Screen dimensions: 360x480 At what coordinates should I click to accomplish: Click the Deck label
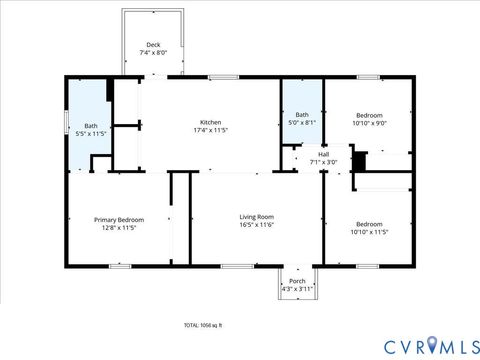tap(153, 44)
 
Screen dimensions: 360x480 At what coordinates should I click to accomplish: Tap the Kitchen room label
tap(210, 122)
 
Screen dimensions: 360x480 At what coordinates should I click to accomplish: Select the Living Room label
tap(256, 217)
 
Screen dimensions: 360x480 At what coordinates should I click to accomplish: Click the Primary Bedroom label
tap(119, 220)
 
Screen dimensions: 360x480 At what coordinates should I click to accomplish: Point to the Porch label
tap(297, 281)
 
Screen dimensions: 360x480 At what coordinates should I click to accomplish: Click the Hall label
tap(323, 154)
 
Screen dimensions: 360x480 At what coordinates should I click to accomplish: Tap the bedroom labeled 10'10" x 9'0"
tap(369, 116)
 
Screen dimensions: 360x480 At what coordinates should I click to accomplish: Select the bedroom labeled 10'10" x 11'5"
tap(369, 224)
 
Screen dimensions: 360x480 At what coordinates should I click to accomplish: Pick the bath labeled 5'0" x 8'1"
tap(302, 115)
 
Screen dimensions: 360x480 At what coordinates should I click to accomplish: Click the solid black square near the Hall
tap(361, 161)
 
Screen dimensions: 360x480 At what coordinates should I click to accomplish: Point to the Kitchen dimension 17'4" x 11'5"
tap(210, 130)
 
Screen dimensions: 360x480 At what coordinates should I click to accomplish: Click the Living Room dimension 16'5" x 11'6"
tap(256, 225)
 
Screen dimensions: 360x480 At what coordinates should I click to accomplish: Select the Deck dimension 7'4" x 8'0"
tap(153, 52)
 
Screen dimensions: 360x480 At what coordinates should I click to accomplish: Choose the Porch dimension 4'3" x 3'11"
tap(297, 289)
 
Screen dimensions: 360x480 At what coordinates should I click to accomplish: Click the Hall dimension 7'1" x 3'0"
tap(323, 162)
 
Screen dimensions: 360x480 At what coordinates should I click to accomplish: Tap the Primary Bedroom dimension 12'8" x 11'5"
tap(119, 228)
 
